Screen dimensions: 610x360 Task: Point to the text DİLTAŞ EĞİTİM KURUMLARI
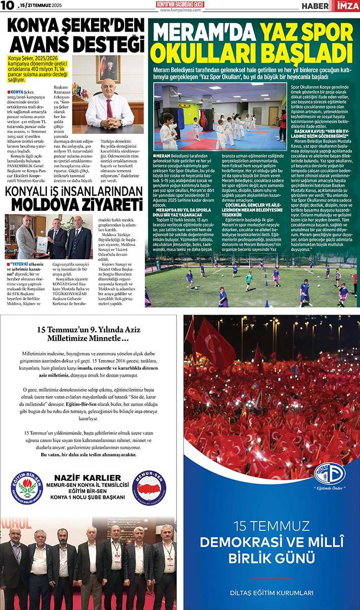click(272, 593)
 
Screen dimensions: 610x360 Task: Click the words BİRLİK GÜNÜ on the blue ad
click(272, 557)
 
